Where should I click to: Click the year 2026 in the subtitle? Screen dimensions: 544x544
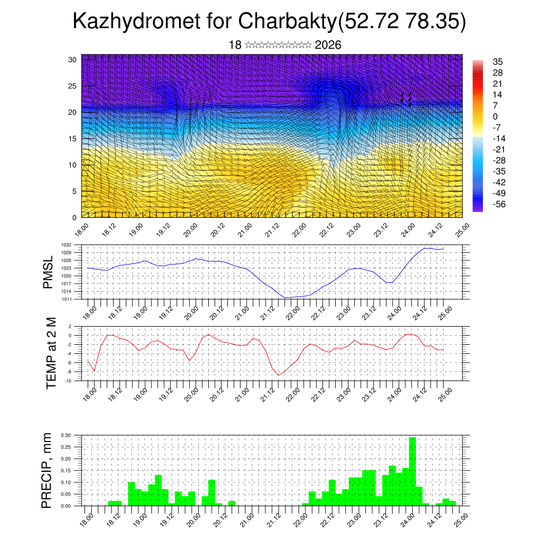[x=328, y=45]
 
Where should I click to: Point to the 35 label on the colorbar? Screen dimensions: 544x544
[x=498, y=62]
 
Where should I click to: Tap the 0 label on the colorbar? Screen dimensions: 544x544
[x=496, y=116]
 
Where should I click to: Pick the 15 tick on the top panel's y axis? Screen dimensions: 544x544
[x=72, y=139]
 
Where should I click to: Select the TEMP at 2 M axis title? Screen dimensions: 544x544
[x=51, y=353]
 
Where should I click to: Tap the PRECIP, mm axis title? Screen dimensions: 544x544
[x=47, y=470]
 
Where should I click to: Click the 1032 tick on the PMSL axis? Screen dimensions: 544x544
[x=74, y=245]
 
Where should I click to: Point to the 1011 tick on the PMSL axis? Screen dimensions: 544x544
[x=74, y=299]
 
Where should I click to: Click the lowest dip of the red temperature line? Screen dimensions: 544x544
[x=278, y=375]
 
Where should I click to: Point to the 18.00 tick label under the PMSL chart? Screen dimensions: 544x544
[x=90, y=310]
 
